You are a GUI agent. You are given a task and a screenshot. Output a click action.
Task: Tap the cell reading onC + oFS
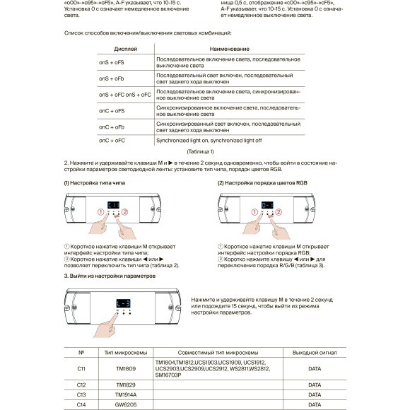click(112, 110)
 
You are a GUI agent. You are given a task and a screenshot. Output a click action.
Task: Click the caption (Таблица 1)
click(200, 152)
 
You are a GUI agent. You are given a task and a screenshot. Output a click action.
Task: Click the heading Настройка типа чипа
click(97, 183)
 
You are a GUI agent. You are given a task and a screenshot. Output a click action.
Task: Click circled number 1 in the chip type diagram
click(100, 212)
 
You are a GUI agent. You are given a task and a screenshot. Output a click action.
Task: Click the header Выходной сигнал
click(310, 351)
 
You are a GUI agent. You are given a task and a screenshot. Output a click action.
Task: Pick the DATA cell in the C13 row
click(310, 394)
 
